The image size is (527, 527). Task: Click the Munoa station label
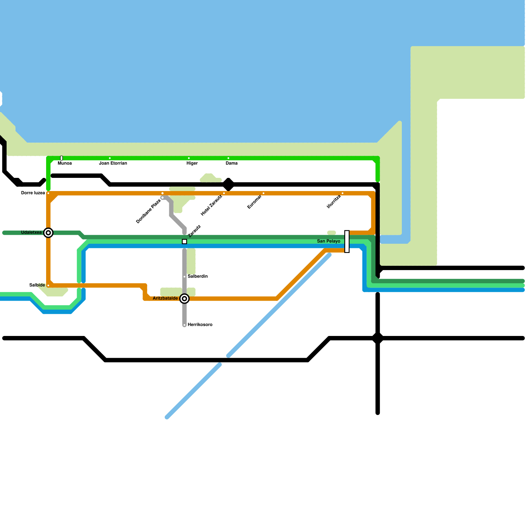(65, 163)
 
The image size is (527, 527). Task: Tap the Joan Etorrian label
(113, 163)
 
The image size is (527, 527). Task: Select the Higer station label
(192, 163)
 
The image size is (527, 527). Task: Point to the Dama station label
(232, 163)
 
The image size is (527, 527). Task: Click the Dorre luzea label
(33, 193)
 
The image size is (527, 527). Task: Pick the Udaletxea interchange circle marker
(48, 233)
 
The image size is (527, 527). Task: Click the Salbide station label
(37, 285)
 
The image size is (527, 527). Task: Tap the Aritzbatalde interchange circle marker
(185, 299)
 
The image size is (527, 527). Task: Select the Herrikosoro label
(200, 325)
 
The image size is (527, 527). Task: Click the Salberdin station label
(198, 276)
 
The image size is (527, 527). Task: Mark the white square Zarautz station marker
(184, 242)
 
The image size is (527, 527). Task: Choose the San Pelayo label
(328, 241)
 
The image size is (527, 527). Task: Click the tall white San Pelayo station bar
(347, 241)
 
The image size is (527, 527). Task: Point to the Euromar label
(255, 202)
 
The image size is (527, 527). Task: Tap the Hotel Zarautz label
(212, 206)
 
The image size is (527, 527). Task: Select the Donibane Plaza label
(148, 211)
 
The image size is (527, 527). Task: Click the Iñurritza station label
(334, 202)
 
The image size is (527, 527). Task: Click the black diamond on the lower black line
(378, 338)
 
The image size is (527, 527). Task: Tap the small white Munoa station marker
(62, 158)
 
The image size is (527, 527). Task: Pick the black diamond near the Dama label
(229, 184)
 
